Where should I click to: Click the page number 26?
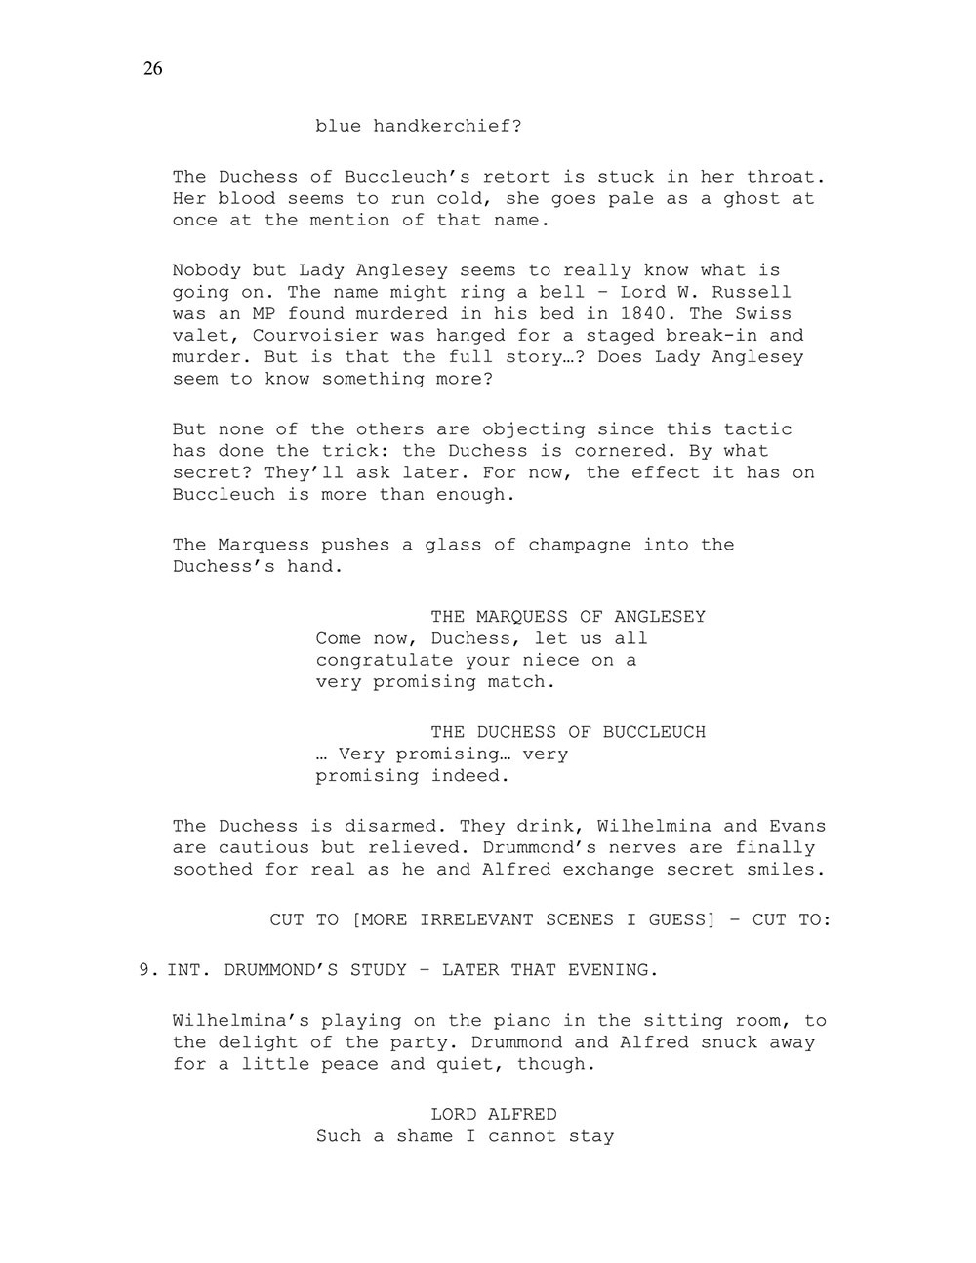[x=152, y=68]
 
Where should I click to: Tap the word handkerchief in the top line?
[x=447, y=127]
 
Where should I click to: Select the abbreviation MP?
[x=264, y=313]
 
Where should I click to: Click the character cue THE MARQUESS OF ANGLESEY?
[x=568, y=617]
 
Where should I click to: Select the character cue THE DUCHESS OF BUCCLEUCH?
[x=568, y=732]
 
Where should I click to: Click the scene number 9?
[x=144, y=970]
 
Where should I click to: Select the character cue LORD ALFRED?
[x=494, y=1115]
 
